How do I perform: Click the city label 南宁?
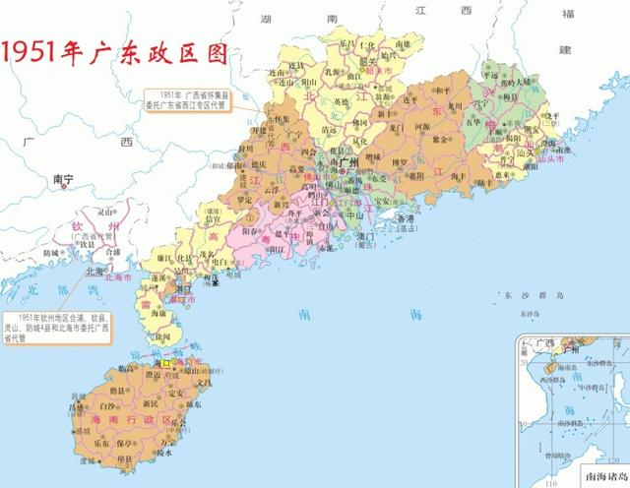(x=64, y=179)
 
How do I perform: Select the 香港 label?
(x=401, y=219)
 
